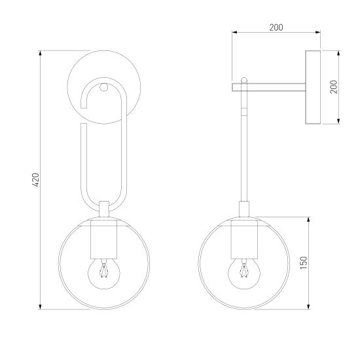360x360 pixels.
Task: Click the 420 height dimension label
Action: tap(36, 180)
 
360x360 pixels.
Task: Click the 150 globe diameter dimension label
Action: tap(303, 262)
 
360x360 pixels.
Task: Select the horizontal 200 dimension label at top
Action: tap(276, 27)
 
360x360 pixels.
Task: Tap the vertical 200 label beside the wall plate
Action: tap(334, 87)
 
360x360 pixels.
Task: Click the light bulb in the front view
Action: tap(104, 273)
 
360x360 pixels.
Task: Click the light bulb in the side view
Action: tap(244, 273)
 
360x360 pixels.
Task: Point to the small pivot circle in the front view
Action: tap(103, 87)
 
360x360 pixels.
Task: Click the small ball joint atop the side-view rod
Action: tap(244, 81)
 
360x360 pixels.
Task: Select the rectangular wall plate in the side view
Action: tap(313, 87)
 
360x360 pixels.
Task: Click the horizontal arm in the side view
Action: tap(268, 87)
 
